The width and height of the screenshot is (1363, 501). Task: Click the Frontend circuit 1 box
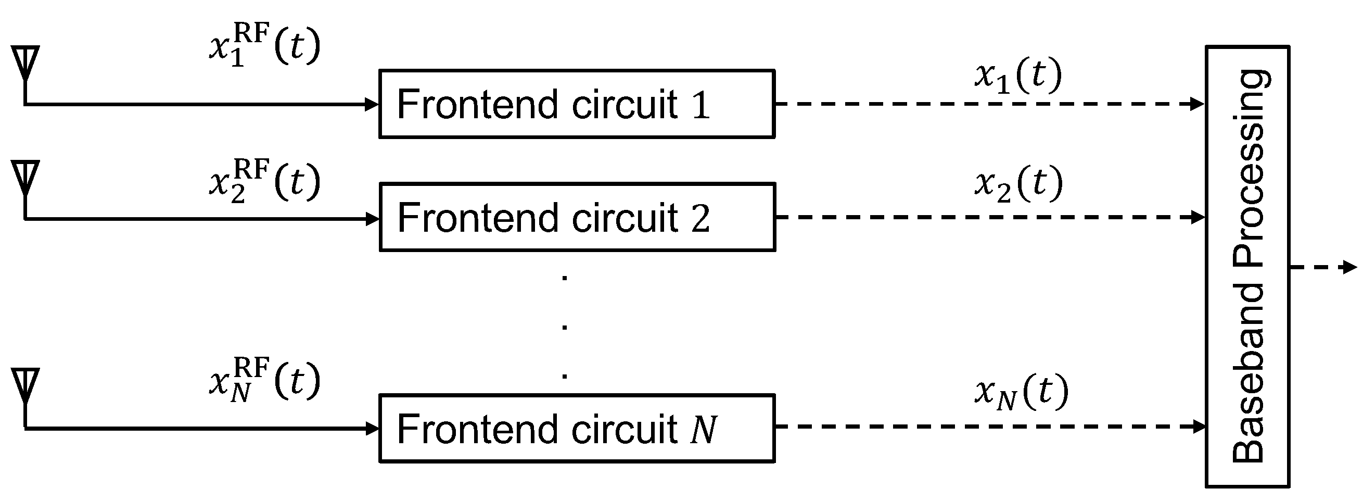point(577,104)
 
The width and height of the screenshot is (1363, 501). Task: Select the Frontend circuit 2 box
point(577,217)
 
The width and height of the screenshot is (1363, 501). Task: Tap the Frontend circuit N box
point(577,428)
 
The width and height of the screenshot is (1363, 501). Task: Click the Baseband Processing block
point(1247,267)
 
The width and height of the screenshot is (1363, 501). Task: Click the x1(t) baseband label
point(1017,75)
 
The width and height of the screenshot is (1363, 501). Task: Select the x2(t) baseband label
point(1017,183)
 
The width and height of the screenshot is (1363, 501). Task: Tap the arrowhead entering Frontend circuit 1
point(373,104)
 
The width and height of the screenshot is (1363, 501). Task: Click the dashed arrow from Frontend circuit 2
point(989,217)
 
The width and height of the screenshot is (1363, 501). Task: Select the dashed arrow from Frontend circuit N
point(989,427)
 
